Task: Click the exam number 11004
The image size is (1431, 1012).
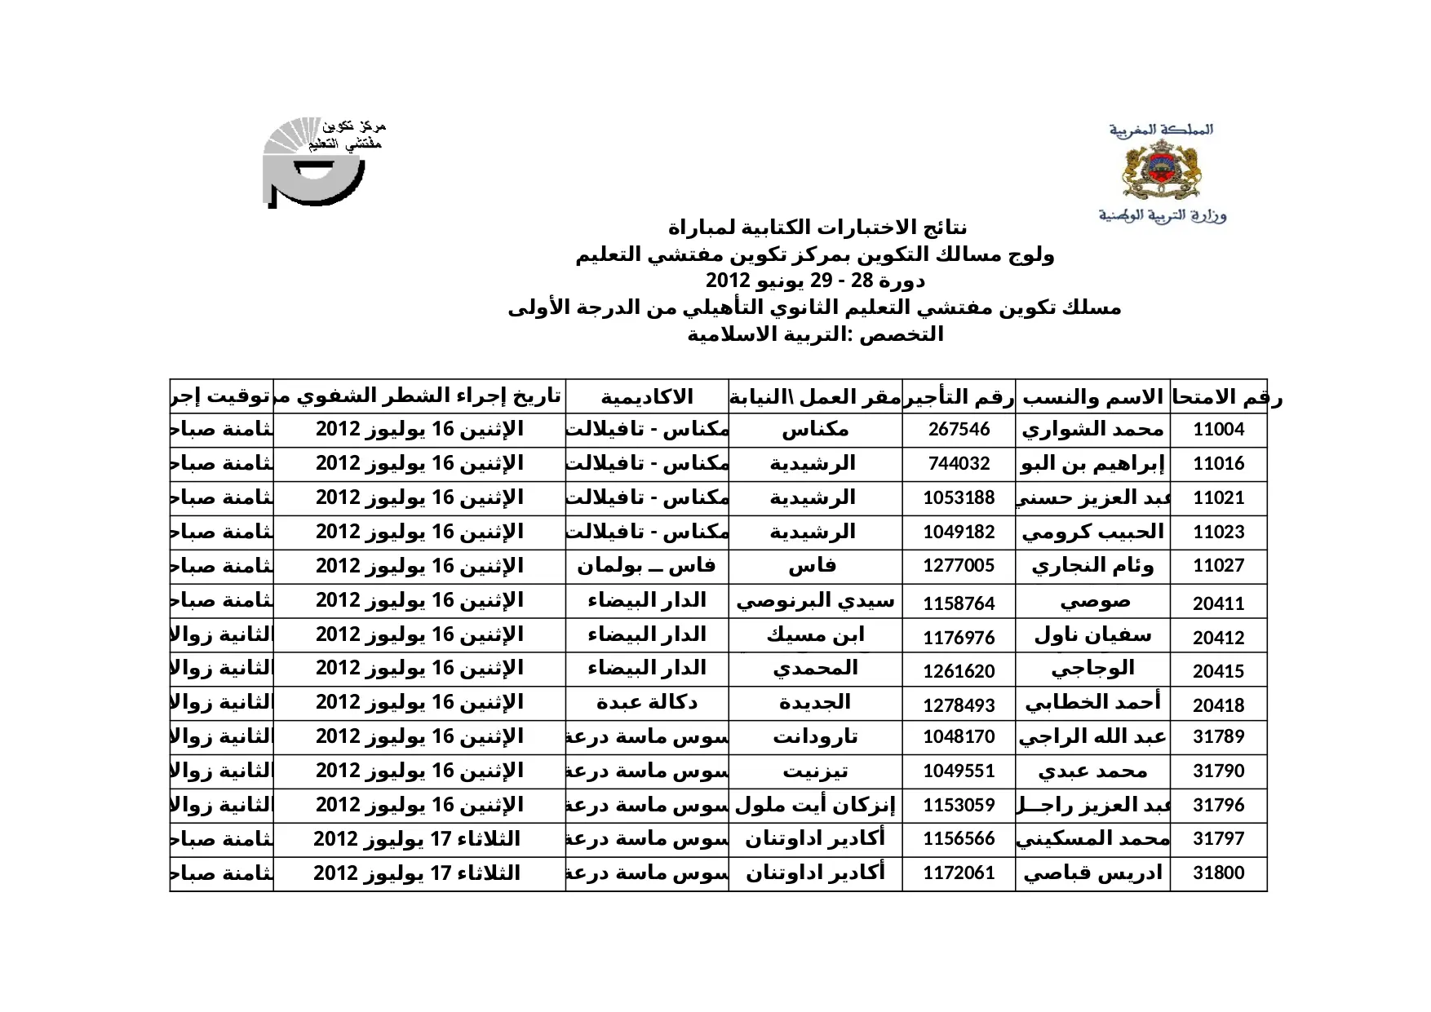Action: pos(1218,430)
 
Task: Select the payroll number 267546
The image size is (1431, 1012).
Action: pos(959,430)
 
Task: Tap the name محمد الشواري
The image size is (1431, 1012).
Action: pos(1092,430)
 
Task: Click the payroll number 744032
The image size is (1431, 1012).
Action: pos(959,464)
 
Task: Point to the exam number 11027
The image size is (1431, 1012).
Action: pos(1218,566)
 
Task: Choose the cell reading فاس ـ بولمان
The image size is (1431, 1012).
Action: pos(646,565)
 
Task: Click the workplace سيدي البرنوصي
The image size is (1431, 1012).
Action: pos(815,601)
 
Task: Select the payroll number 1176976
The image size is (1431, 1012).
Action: pos(959,638)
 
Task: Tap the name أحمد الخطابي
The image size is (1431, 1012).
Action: pos(1092,702)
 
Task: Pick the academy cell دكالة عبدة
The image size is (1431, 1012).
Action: pos(646,702)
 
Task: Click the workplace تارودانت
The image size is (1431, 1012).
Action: pos(815,737)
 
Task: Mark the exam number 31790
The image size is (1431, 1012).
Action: pos(1218,771)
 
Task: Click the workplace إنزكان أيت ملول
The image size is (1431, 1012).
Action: pos(815,806)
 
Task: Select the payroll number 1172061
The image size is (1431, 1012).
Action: pos(959,873)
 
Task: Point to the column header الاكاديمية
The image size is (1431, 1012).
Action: pos(646,397)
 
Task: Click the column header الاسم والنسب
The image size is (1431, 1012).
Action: pos(1092,397)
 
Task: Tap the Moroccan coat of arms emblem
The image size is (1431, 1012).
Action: pos(1161,170)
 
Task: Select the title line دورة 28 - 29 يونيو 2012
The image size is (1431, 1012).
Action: pos(815,281)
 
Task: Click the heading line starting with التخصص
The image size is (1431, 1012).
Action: pos(815,334)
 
